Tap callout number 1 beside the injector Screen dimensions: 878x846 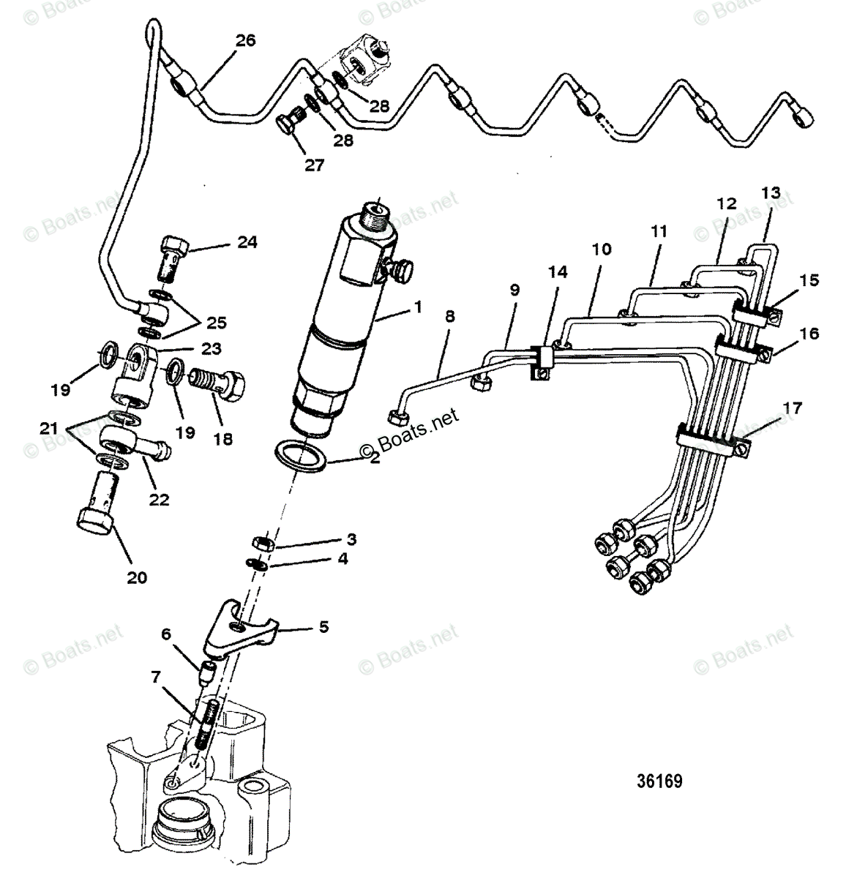[418, 307]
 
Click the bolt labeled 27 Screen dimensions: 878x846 [288, 126]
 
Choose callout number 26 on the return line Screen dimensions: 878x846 [245, 40]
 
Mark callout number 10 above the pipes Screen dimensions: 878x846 [602, 249]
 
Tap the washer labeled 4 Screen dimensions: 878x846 [255, 563]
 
